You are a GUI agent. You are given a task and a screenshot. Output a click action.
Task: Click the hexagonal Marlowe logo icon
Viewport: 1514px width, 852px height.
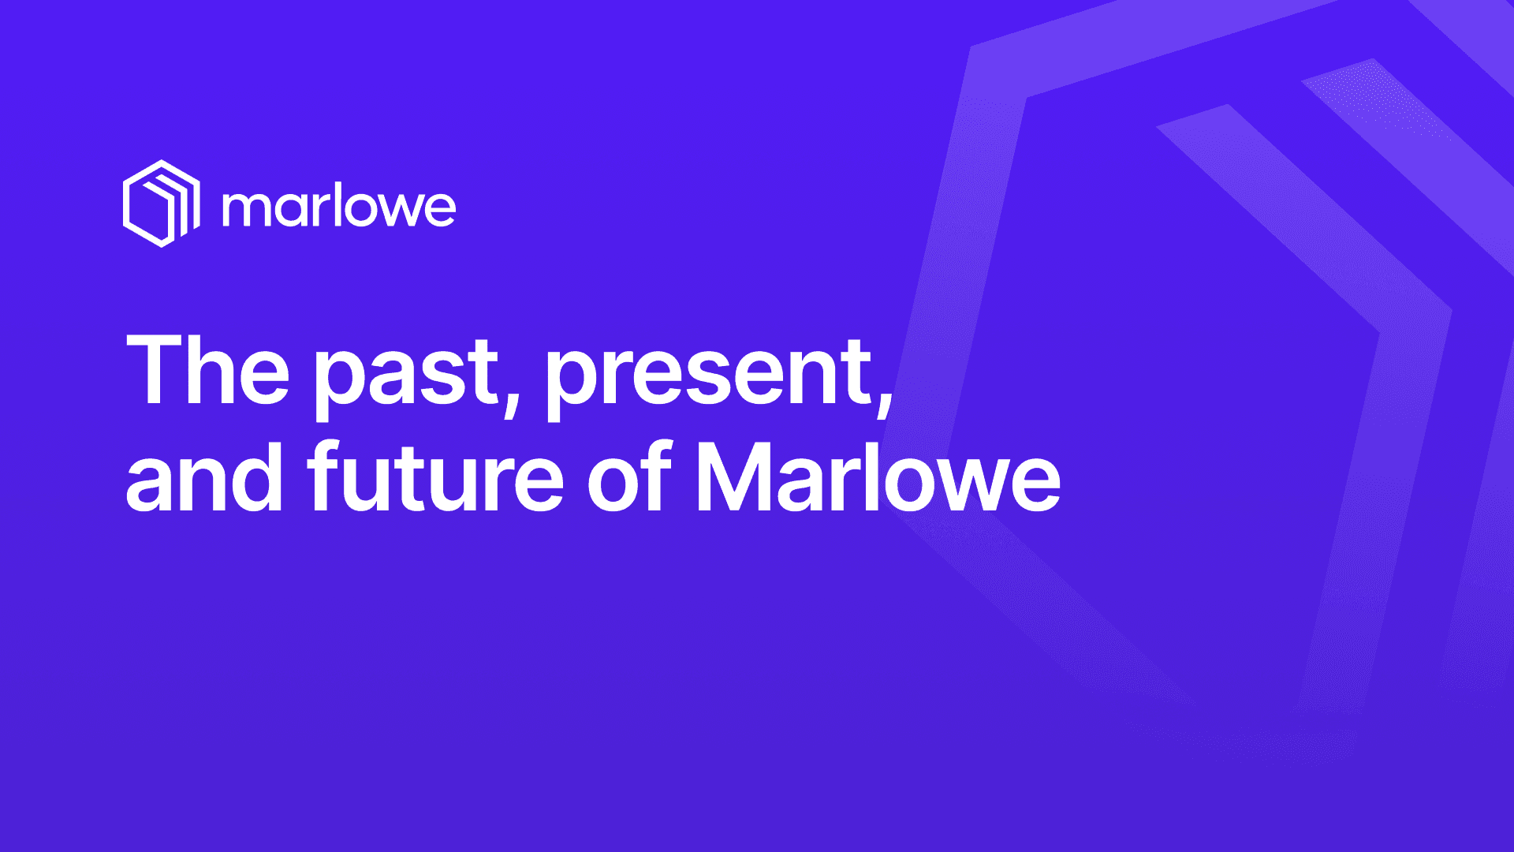(162, 204)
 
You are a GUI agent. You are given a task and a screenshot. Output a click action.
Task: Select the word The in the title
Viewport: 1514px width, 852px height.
(207, 369)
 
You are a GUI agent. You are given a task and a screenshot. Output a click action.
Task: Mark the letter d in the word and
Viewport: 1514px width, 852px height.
(257, 476)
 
